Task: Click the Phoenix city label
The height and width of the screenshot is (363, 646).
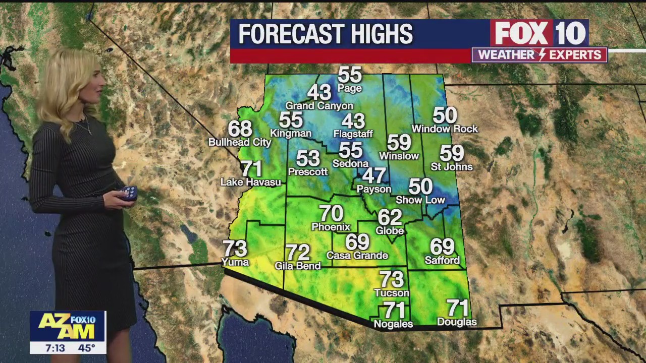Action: pyautogui.click(x=331, y=227)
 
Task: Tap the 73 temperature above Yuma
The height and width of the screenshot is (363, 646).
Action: pyautogui.click(x=235, y=249)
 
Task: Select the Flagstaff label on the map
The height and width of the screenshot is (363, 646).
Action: pyautogui.click(x=353, y=134)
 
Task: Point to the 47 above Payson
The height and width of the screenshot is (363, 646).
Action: pyautogui.click(x=374, y=175)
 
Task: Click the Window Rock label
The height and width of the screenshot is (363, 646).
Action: pyautogui.click(x=445, y=129)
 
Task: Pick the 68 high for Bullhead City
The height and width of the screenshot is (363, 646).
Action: pyautogui.click(x=240, y=129)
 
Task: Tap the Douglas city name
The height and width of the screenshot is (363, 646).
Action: pyautogui.click(x=457, y=322)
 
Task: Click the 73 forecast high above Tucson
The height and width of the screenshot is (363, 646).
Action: pyautogui.click(x=392, y=279)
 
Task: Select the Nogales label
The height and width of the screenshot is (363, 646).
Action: pyautogui.click(x=393, y=324)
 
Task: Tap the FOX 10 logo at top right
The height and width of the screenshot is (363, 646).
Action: pyautogui.click(x=539, y=33)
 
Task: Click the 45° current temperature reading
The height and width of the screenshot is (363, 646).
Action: pyautogui.click(x=86, y=348)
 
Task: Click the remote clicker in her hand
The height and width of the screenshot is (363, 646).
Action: pyautogui.click(x=129, y=193)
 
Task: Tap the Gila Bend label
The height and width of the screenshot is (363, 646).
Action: pyautogui.click(x=297, y=266)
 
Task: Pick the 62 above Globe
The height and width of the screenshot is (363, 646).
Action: pyautogui.click(x=390, y=217)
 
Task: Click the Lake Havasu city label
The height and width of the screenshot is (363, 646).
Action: pyautogui.click(x=250, y=182)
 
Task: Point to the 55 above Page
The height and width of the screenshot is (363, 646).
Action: pyautogui.click(x=350, y=75)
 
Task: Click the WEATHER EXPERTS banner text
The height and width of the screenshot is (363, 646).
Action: pyautogui.click(x=539, y=55)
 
